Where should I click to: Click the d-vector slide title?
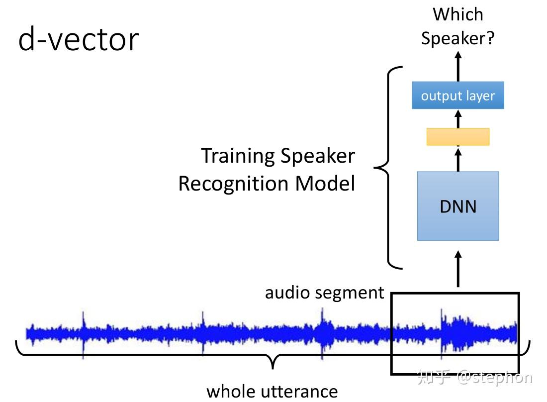tap(79, 40)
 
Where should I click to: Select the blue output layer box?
tap(457, 96)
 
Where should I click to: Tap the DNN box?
tap(457, 206)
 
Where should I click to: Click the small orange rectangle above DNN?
tap(457, 137)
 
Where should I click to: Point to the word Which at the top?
tap(457, 14)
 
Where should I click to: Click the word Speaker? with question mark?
tap(457, 38)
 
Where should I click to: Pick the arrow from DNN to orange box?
tap(458, 158)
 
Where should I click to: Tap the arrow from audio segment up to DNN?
tap(458, 269)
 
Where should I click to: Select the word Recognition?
tap(233, 184)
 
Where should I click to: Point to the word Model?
tap(326, 184)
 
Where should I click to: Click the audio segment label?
tap(324, 292)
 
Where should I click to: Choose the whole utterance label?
tap(272, 391)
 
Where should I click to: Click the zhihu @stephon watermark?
tap(475, 377)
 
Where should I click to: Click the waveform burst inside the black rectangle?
tap(454, 331)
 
